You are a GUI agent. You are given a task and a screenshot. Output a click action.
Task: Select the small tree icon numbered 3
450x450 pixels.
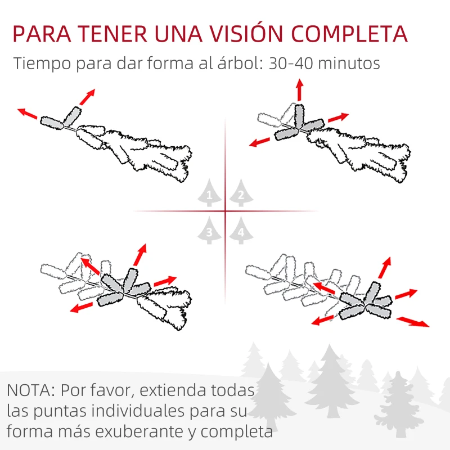pos(210,231)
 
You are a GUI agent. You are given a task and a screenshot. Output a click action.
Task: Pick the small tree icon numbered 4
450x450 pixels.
pos(241,231)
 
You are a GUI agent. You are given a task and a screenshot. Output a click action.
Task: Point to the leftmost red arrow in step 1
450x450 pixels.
pos(28,114)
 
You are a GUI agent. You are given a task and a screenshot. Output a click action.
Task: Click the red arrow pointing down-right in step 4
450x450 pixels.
pos(412,322)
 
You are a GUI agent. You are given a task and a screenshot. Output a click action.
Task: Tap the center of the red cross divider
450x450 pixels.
pos(225,211)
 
